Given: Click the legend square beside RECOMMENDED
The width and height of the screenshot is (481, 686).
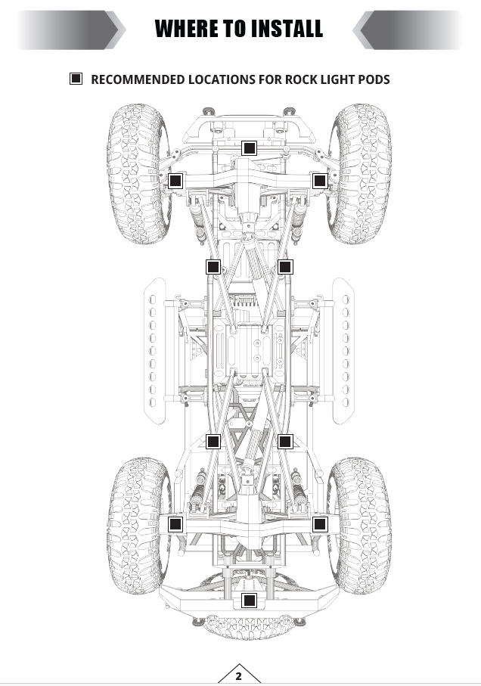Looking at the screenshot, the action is (x=76, y=79).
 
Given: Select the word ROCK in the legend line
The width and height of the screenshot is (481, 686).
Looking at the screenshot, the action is (x=301, y=79).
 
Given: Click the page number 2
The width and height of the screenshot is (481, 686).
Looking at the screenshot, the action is (x=238, y=676).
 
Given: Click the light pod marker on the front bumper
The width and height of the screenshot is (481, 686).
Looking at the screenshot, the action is (x=249, y=148).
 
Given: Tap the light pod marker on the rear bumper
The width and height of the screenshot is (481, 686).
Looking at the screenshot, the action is (x=249, y=601).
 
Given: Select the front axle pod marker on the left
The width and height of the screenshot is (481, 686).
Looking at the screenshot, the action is (x=175, y=181).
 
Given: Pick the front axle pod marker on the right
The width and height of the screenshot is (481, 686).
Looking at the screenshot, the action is (x=320, y=181).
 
